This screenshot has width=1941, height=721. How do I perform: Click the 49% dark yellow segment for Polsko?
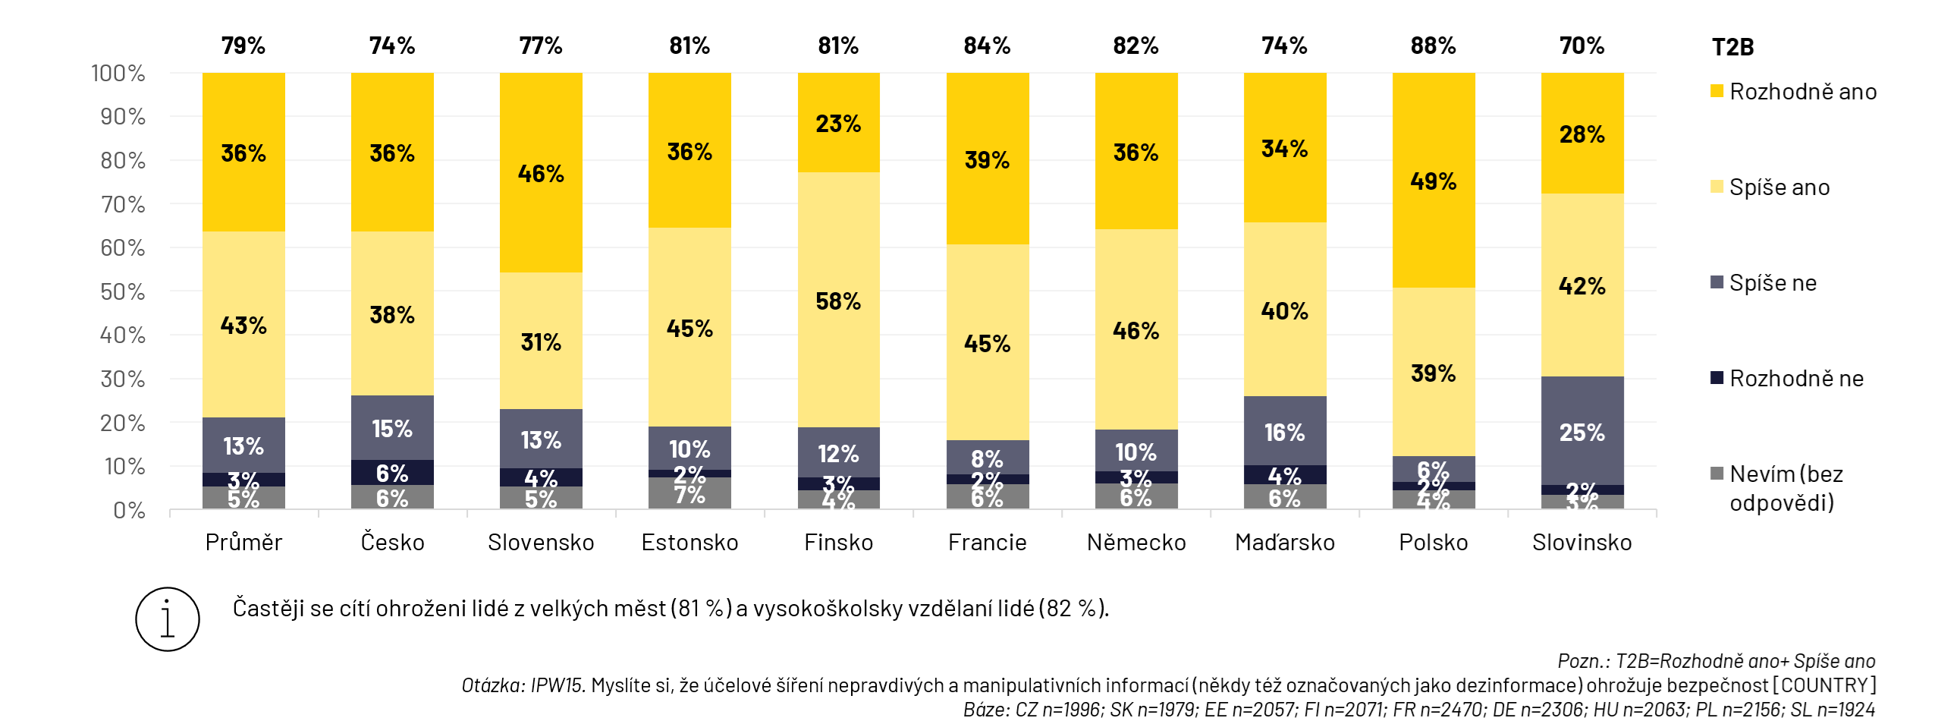coord(1433,181)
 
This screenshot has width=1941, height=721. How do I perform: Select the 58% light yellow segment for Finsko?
coord(838,301)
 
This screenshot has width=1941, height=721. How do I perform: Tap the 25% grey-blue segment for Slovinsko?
coord(1581,431)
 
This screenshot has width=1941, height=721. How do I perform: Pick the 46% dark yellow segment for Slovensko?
coord(541,173)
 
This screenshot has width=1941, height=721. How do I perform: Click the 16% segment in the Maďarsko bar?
coord(1284,431)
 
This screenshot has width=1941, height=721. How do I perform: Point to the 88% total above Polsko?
coord(1433,46)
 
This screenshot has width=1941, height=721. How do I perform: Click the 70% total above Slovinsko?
coord(1581,46)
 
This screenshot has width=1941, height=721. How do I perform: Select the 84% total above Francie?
coord(987,46)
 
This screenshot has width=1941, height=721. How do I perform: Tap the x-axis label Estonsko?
coord(689,542)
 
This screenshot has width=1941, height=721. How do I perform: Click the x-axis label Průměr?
coord(243,542)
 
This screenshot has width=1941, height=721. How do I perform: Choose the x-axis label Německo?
coord(1135,542)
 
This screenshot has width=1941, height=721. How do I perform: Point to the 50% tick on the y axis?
coord(123,291)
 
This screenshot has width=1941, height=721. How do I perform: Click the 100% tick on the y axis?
coord(118,73)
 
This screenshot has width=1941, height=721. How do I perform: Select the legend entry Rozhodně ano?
coord(1802,92)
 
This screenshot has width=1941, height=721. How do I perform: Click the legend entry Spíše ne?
coord(1772,283)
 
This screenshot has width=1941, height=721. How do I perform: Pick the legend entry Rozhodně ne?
coord(1795,379)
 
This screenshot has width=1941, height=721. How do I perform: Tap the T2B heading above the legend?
coord(1732,47)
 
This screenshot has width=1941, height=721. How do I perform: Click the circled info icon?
coord(168,619)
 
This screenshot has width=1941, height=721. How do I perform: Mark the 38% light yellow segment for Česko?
coord(392,314)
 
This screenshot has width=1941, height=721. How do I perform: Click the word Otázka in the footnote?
coord(492,685)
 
